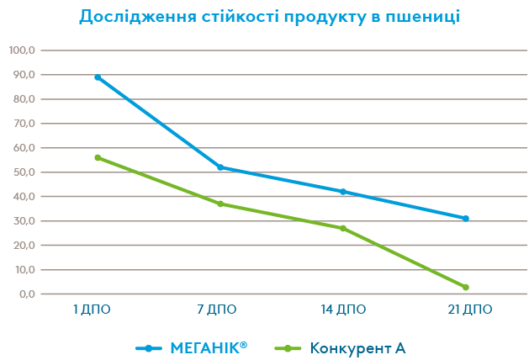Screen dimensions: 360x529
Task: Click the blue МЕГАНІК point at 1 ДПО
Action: click(98, 77)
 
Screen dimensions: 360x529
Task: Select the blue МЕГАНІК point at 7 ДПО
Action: click(220, 167)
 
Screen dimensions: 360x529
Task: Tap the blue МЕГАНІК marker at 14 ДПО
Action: click(343, 192)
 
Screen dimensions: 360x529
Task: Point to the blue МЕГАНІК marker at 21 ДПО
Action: click(465, 219)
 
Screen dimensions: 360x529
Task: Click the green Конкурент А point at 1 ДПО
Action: click(98, 157)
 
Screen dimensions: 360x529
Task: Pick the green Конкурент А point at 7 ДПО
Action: click(220, 204)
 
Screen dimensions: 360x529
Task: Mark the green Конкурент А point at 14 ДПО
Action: click(343, 228)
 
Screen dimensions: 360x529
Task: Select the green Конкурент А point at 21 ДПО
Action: click(465, 288)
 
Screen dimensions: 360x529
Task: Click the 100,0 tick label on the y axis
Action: click(21, 50)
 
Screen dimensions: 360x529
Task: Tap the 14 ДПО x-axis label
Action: click(344, 310)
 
